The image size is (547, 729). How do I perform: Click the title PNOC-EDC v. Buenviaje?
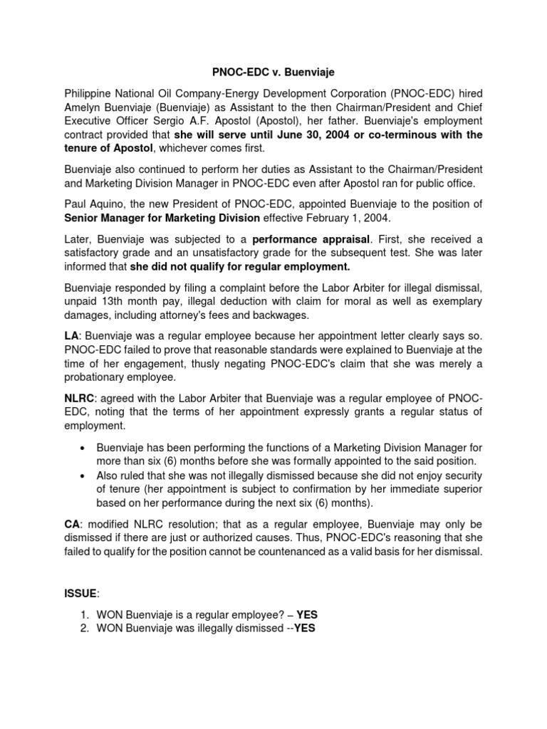point(273,73)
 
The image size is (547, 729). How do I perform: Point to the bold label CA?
point(73,523)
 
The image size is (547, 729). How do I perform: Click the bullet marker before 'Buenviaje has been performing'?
point(85,448)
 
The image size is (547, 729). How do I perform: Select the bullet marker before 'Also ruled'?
point(85,476)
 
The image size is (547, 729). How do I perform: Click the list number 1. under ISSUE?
point(85,613)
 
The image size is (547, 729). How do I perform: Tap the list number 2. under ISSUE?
point(85,628)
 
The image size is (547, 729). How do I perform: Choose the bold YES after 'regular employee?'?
point(307,613)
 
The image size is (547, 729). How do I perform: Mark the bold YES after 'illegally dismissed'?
point(304,628)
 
